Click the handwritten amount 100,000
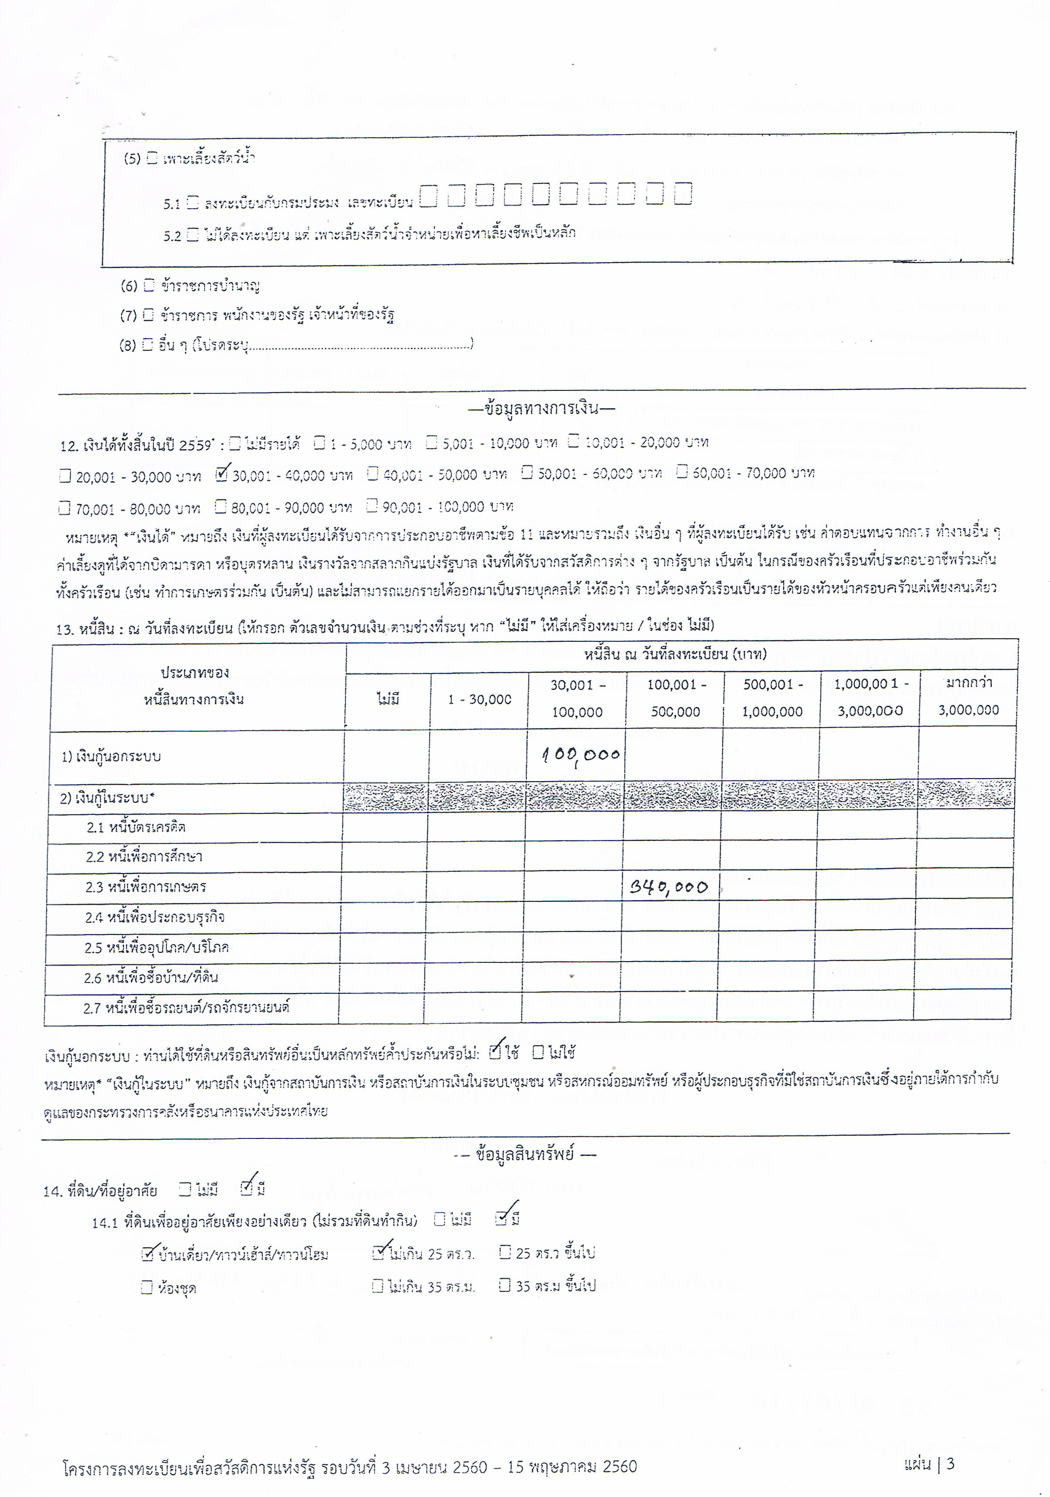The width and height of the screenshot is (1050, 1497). coord(581,755)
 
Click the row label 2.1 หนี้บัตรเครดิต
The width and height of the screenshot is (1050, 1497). coord(136,827)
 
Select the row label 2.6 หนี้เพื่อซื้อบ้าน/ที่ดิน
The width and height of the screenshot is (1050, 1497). coord(151,977)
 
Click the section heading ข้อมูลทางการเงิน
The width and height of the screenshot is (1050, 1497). coord(541,409)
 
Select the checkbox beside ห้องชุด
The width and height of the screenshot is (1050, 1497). coord(147,1287)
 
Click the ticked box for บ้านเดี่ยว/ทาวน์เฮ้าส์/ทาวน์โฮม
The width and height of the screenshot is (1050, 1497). coord(147,1253)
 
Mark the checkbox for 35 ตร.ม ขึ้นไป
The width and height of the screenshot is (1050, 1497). coord(504,1285)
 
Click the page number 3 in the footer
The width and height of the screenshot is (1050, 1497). coord(950,1464)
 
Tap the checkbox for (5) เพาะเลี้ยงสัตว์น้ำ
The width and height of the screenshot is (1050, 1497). coord(152,157)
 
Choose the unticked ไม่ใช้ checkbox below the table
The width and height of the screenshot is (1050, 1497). coord(538,1052)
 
